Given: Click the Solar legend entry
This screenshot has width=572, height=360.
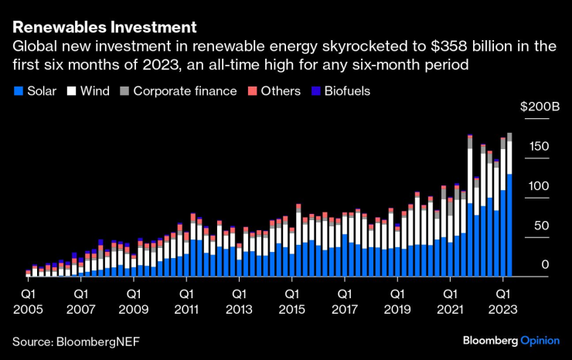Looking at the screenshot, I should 36,91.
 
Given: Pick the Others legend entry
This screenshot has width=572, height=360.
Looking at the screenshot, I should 274,91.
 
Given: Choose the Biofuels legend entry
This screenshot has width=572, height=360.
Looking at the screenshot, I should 340,91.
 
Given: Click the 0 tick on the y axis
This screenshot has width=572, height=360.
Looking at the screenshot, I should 545,265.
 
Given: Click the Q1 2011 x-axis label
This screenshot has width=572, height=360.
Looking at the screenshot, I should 186,302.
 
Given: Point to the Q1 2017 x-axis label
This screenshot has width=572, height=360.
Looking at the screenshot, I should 346,302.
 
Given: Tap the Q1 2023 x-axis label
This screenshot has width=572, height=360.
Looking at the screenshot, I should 504,302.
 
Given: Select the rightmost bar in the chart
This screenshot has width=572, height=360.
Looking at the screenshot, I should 509,205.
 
